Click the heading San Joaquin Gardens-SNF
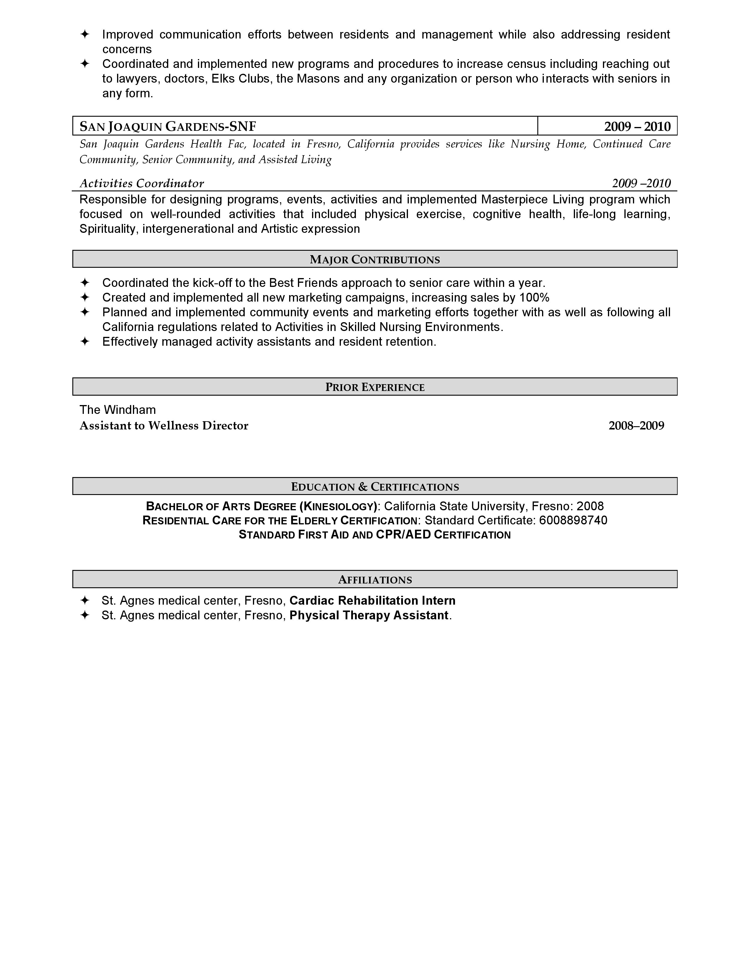tap(168, 127)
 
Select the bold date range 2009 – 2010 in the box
tap(637, 127)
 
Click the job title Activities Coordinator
tap(141, 183)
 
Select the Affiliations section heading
tap(374, 580)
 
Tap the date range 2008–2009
tap(636, 426)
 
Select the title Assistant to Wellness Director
tap(164, 426)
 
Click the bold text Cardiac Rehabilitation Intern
tap(372, 601)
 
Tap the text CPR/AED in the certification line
tap(403, 534)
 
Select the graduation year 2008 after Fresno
tap(590, 506)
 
